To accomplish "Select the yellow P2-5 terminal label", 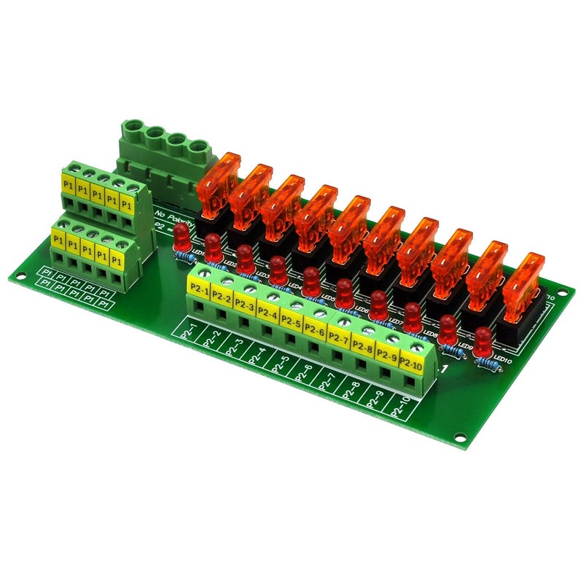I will [x=291, y=322].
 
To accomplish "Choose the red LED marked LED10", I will [x=482, y=340].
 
